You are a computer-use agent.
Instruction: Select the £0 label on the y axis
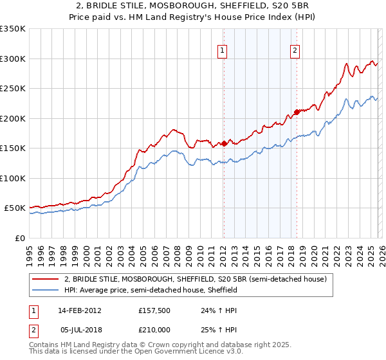point(19,238)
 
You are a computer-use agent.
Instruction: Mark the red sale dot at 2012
point(224,144)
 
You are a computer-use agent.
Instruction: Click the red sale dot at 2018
point(297,112)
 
